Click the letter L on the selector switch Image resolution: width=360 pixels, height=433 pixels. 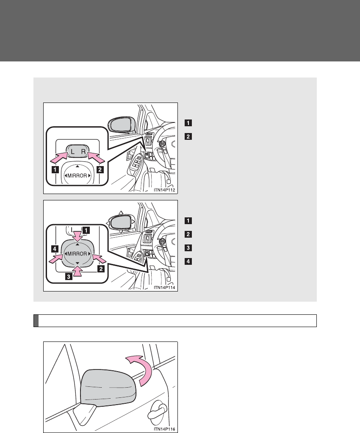click(72, 151)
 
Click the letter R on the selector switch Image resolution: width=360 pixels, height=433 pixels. click(83, 151)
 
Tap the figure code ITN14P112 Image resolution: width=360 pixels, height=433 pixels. click(164, 190)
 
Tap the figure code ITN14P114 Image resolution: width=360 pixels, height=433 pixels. click(164, 288)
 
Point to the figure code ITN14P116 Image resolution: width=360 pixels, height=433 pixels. click(164, 429)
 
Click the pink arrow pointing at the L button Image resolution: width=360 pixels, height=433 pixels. click(59, 158)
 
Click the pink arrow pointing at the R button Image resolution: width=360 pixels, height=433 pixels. click(96, 158)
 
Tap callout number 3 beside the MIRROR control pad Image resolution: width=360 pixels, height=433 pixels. click(69, 276)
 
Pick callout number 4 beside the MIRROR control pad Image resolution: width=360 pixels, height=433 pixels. click(55, 249)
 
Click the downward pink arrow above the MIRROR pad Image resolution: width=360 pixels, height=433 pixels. click(78, 236)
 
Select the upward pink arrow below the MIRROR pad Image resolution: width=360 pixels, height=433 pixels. click(78, 271)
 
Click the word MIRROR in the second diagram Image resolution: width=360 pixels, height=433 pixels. click(78, 254)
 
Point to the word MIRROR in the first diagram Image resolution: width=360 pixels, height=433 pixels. click(78, 176)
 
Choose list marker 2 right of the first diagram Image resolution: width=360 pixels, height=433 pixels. click(188, 136)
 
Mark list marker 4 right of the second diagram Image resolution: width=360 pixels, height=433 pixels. click(188, 261)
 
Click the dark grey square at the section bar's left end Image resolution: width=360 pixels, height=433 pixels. click(36, 321)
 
